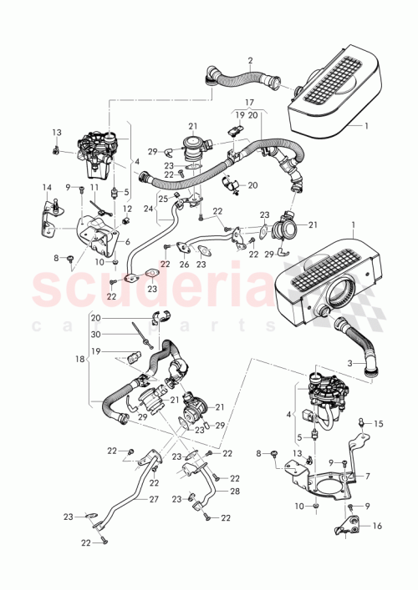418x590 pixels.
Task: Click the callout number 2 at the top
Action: point(250,60)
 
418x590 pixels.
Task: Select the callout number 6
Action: point(127,241)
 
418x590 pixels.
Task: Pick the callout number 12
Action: point(127,208)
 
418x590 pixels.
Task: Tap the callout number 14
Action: point(47,187)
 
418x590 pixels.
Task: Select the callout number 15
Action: point(378,425)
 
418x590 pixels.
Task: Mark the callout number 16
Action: point(378,527)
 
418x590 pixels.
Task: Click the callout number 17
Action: point(249,103)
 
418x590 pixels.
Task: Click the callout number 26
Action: point(184,264)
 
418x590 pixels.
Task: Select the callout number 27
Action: point(152,500)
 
